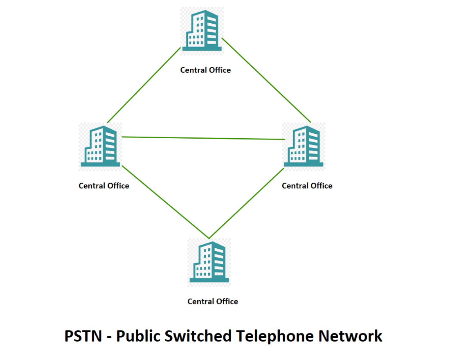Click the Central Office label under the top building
[x=205, y=70]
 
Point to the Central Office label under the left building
[x=104, y=186]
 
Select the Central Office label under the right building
[x=307, y=186]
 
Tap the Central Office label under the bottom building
[x=213, y=301]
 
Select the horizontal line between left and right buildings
[x=203, y=138]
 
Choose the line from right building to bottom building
[x=246, y=203]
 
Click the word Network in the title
[x=351, y=336]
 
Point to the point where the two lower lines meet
[x=209, y=238]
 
